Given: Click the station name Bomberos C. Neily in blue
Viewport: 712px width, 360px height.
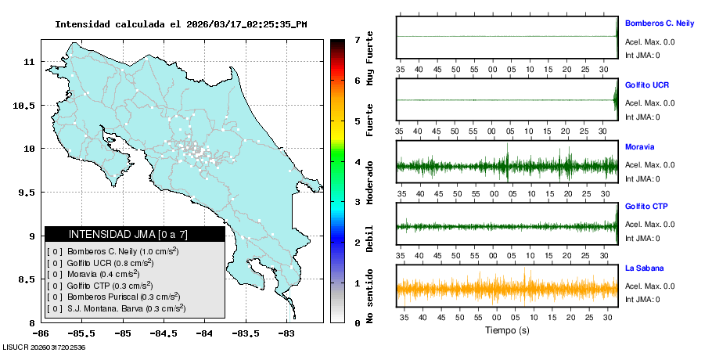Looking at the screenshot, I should [x=660, y=23].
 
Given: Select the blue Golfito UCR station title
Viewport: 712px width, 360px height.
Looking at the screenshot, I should [x=647, y=85].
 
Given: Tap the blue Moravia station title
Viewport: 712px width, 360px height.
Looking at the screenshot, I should [x=639, y=146].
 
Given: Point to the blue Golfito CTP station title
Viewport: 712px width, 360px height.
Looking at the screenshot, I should [x=646, y=207].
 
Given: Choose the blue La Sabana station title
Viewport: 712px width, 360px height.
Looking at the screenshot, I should [x=643, y=268].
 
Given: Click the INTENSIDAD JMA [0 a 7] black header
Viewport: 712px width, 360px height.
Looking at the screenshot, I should [x=135, y=234].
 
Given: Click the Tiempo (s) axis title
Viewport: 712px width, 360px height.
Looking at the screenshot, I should [x=507, y=330].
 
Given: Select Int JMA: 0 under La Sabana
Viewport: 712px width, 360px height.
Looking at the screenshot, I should [x=642, y=300].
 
